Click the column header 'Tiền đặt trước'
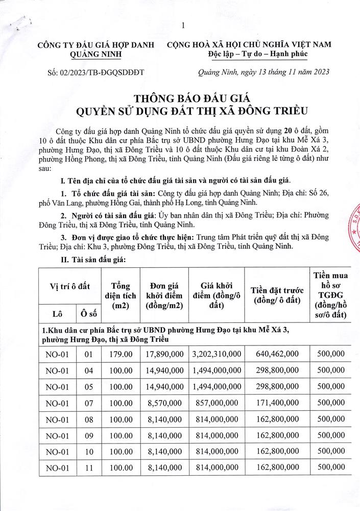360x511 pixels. click(275, 296)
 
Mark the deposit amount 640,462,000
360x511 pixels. click(275, 354)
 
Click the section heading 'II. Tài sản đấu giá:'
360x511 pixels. click(94, 259)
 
